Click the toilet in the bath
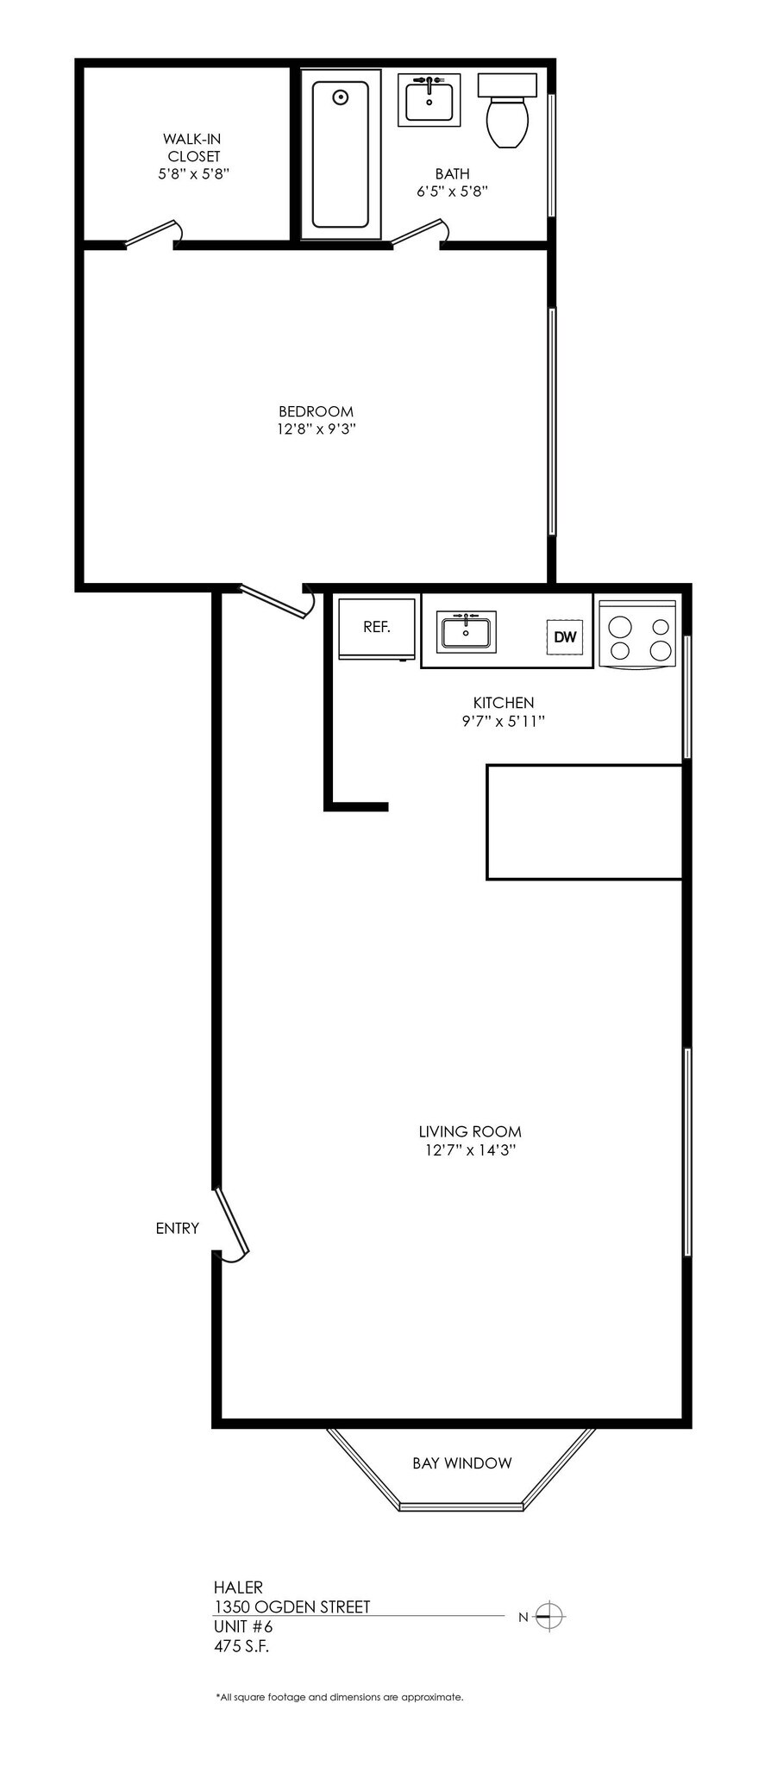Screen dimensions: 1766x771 point(507,116)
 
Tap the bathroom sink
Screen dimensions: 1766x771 point(429,100)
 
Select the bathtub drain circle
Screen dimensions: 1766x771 point(341,97)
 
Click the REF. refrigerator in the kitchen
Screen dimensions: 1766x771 point(377,629)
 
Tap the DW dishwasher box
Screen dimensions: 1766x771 point(565,637)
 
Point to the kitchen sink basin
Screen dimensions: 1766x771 point(466,632)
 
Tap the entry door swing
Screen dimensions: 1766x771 point(232,1225)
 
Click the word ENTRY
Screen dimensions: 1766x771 point(178,1228)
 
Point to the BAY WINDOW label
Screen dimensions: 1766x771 point(461,1462)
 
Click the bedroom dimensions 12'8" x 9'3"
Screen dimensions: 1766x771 point(317,429)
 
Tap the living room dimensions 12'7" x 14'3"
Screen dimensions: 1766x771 point(470,1149)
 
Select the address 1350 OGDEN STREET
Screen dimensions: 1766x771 point(291,1606)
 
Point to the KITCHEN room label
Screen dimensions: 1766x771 point(504,703)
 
